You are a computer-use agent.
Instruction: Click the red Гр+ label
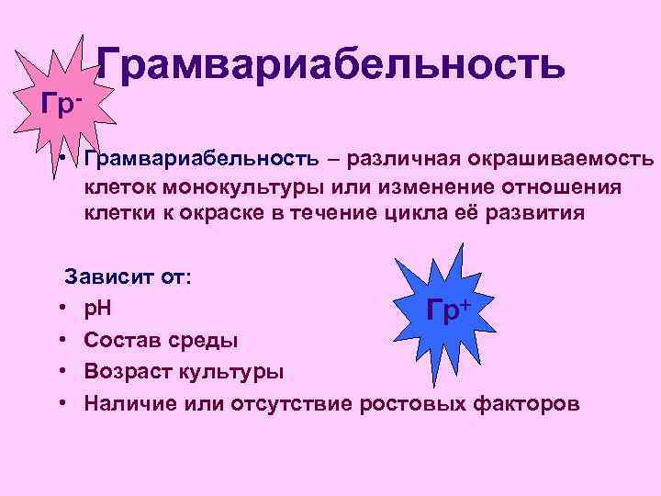click(449, 310)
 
